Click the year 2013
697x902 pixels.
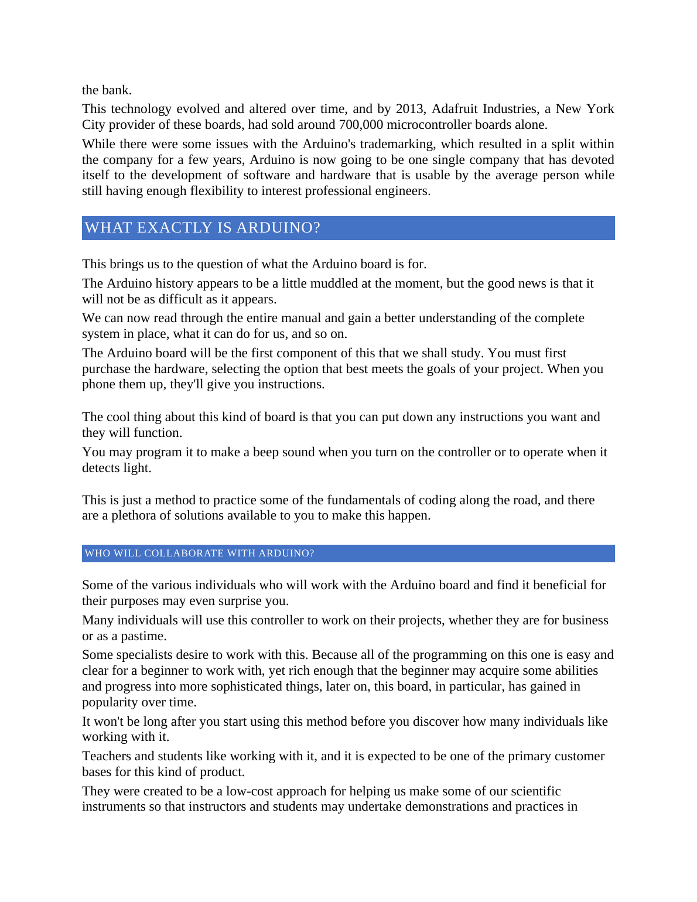[409, 109]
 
